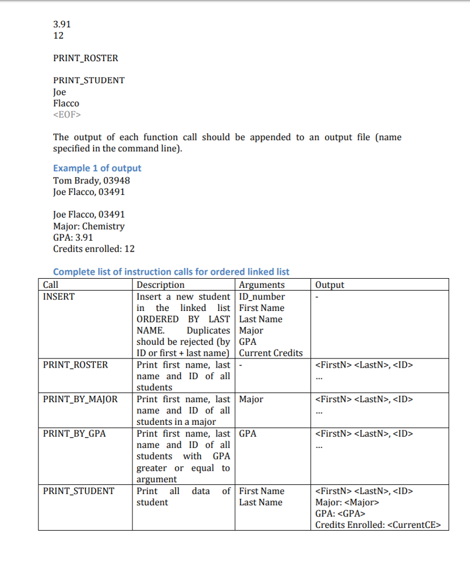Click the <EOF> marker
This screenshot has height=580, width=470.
coord(67,115)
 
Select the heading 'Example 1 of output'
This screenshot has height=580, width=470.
coord(97,168)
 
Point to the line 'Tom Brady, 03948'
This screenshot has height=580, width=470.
coord(91,181)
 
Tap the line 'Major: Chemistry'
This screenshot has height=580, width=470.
coord(88,226)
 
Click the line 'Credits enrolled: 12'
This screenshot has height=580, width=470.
coord(93,249)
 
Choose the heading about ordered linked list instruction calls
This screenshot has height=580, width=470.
coord(171,272)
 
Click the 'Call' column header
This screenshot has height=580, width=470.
coord(50,285)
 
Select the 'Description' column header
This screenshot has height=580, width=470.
coord(160,285)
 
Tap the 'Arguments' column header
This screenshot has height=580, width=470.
coord(262,285)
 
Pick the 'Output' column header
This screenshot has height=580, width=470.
coord(329,285)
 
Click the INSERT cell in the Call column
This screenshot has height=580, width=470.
coord(58,296)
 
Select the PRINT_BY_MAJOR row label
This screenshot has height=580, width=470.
coord(80,399)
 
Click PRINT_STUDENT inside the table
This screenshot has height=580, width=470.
coord(78,491)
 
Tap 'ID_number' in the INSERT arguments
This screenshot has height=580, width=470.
coord(262,296)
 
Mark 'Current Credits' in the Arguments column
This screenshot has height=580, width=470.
coord(271,353)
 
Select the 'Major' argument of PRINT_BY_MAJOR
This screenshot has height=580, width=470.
coord(251,399)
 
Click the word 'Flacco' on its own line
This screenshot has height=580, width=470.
coord(66,104)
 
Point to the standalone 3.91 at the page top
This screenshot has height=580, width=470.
coord(62,24)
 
